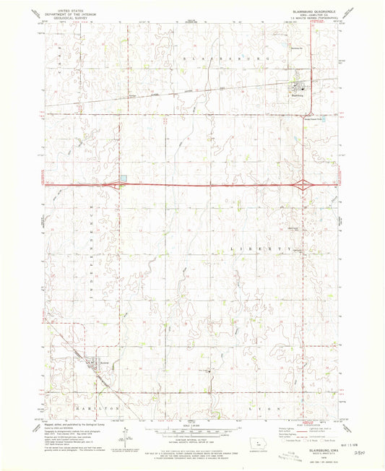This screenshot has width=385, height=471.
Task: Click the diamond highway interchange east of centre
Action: pyautogui.click(x=303, y=184)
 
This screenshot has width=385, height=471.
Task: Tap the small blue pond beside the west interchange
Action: pyautogui.click(x=124, y=178)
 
